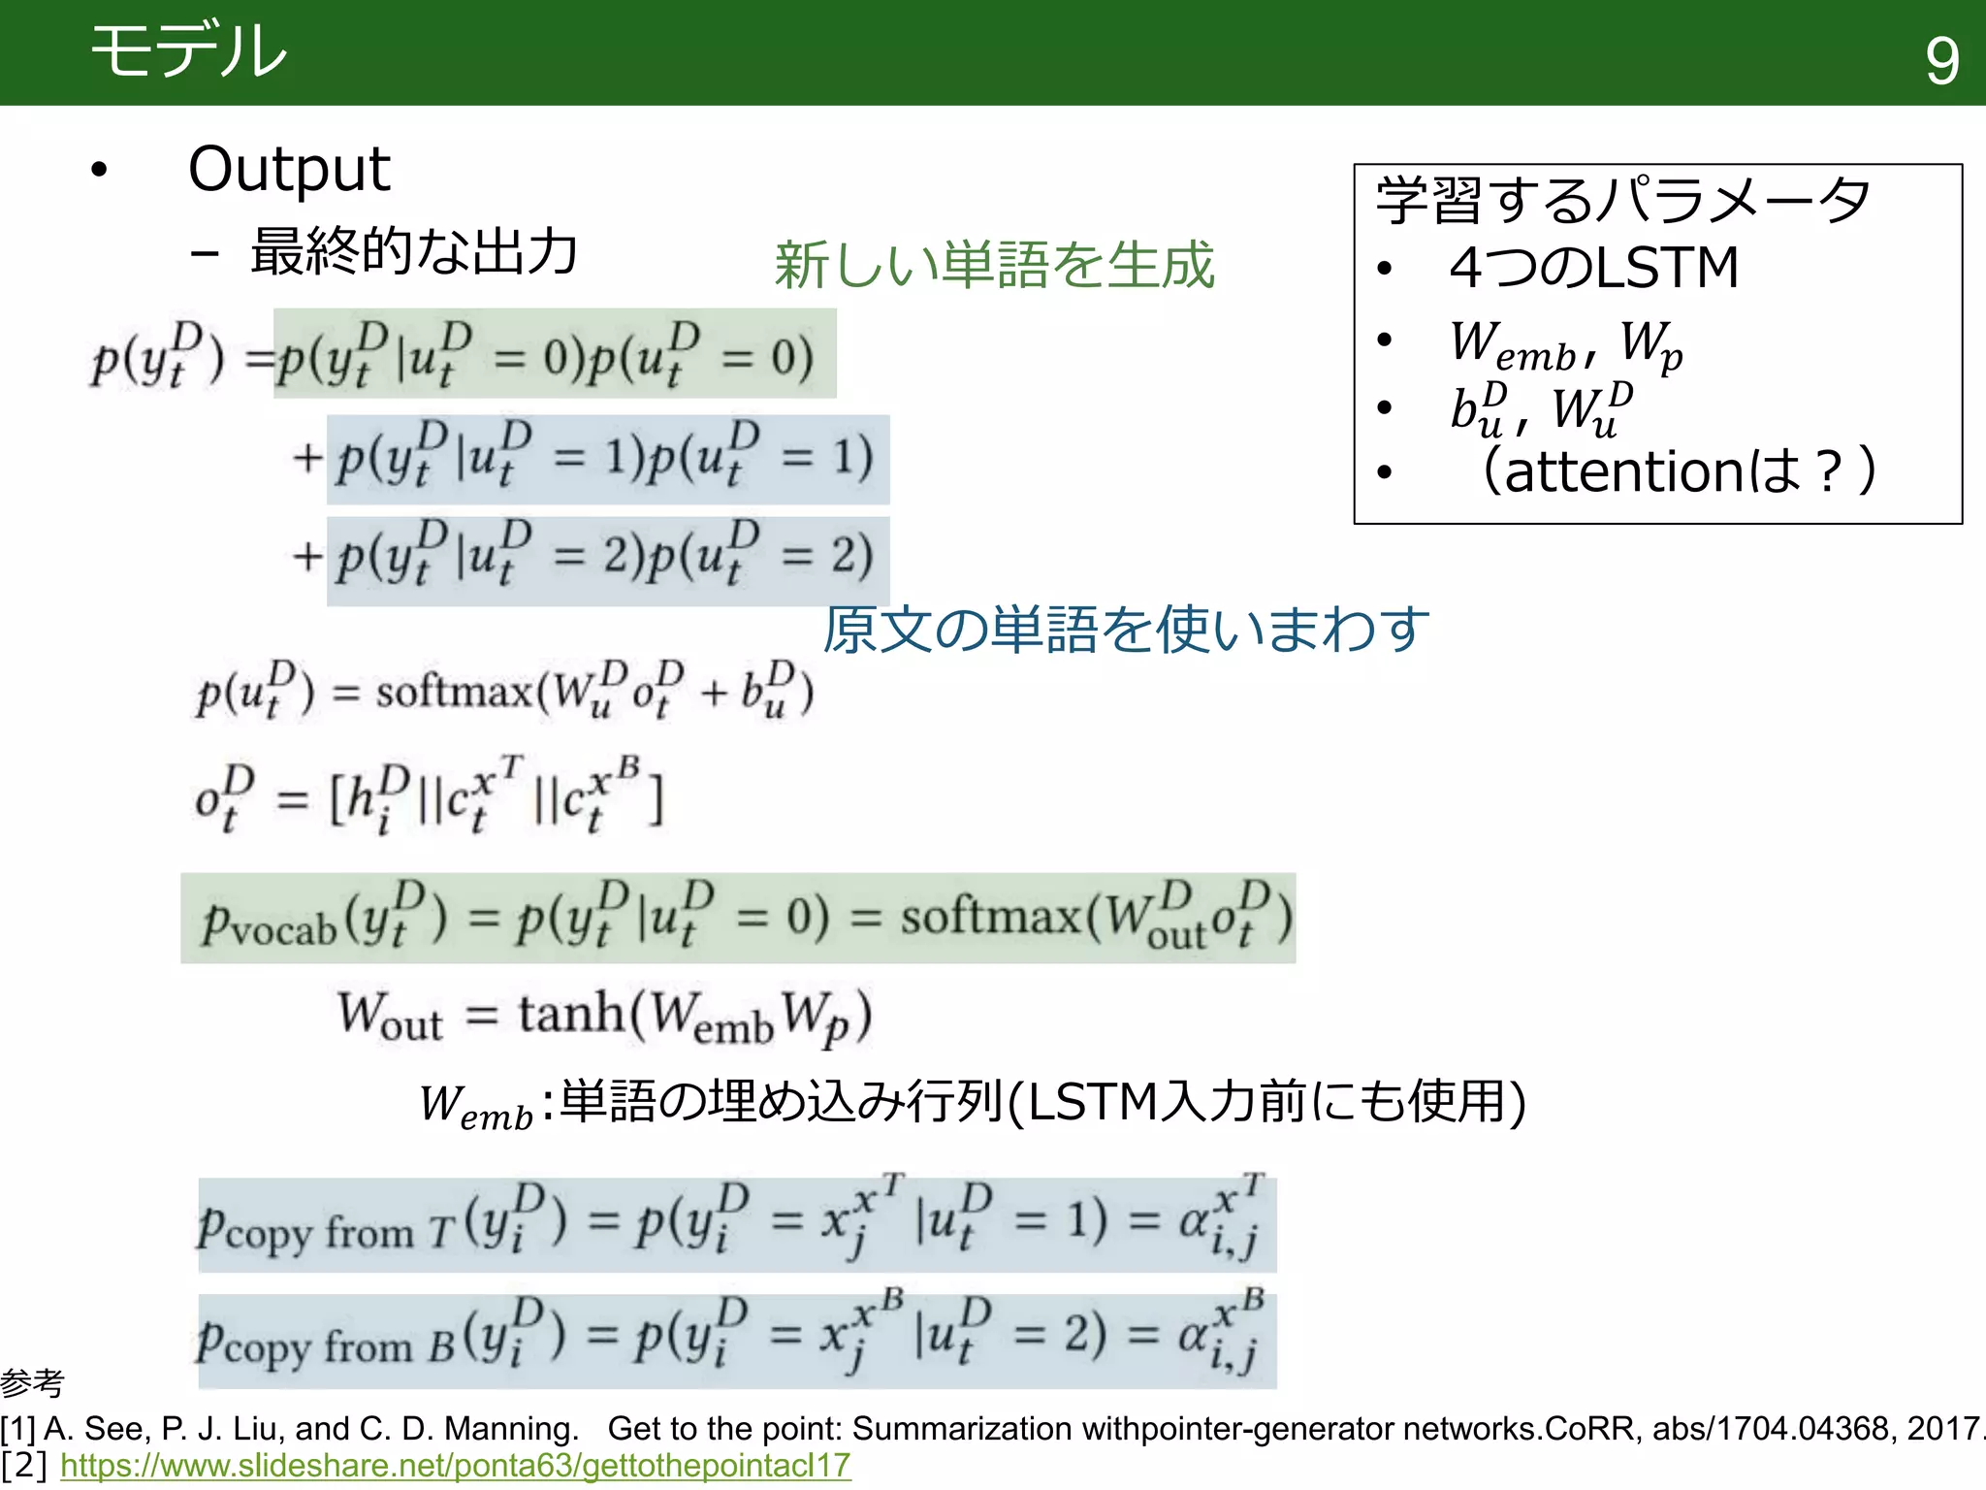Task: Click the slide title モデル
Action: point(188,50)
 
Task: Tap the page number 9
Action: point(1941,60)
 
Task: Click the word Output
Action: point(289,169)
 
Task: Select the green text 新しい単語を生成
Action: point(994,265)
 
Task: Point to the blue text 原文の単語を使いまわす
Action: point(1126,629)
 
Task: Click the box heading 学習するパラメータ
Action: point(1623,200)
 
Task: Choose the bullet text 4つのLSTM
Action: point(1593,268)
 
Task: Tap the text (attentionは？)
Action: point(1679,471)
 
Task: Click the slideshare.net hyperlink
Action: point(455,1465)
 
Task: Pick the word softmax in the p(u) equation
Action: point(454,692)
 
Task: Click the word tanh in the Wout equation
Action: point(571,1014)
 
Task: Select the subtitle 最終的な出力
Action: point(414,251)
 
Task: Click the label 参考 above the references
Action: point(32,1382)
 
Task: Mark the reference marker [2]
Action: point(23,1465)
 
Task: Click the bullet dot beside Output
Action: point(99,171)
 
